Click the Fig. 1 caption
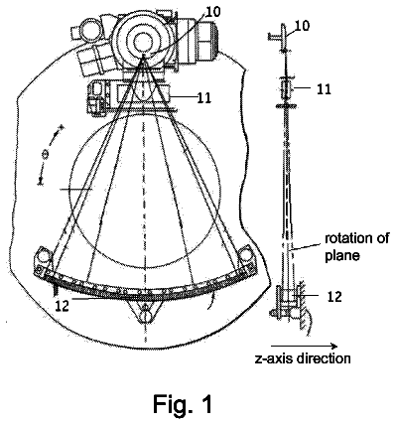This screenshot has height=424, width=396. coord(183,403)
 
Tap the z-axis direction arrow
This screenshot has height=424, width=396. coord(304,347)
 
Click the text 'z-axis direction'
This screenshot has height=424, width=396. coord(303,358)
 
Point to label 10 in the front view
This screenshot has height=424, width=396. coord(212,12)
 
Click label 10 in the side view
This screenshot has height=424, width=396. coord(302,26)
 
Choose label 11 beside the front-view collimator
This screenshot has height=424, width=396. coord(204,97)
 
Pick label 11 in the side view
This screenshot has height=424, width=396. coord(324,89)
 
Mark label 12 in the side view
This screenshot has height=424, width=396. coord(333,297)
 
